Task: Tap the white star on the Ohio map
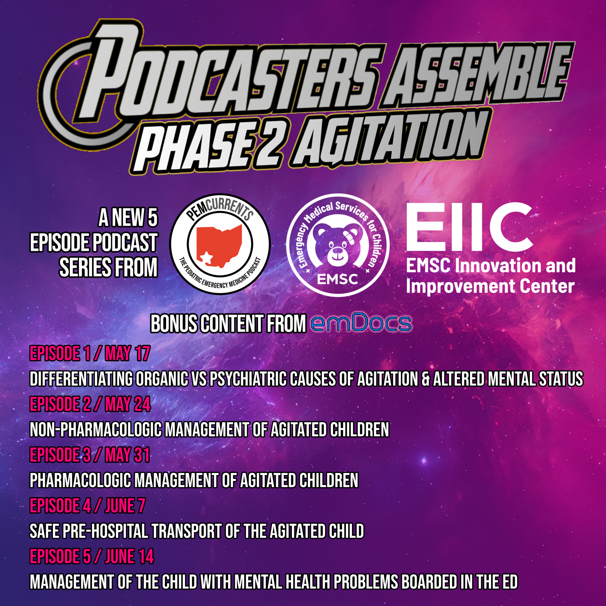point(206,258)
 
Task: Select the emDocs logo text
point(361,323)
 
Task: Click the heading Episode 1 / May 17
point(90,353)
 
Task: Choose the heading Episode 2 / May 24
point(90,404)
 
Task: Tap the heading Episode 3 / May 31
point(90,455)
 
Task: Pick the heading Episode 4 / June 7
point(88,506)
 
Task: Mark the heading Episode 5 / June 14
point(92,557)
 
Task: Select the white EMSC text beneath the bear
point(337,279)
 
